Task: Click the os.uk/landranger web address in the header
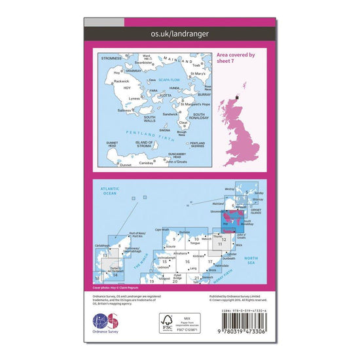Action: [x=180, y=31]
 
